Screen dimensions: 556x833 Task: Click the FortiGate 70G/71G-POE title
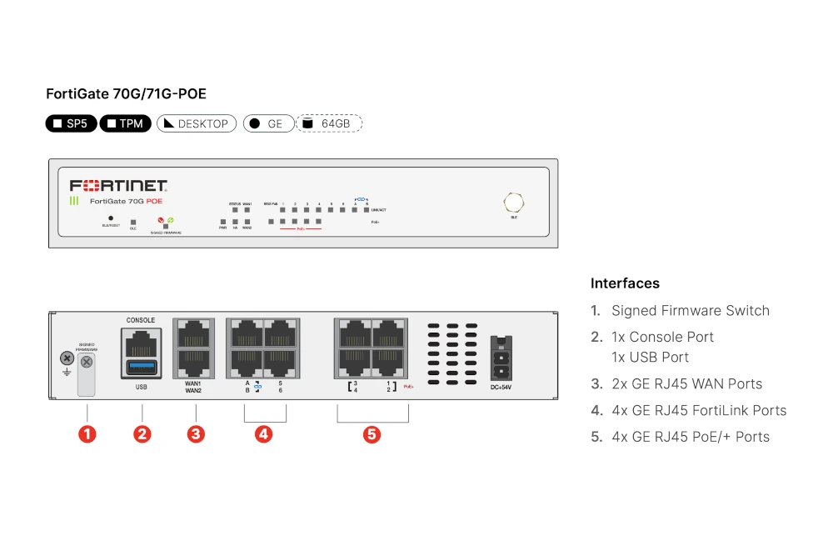126,94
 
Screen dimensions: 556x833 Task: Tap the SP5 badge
71,123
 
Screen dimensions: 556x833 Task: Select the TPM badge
125,123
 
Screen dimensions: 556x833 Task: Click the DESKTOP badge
197,123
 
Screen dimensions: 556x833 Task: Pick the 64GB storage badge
330,123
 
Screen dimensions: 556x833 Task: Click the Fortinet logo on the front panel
118,185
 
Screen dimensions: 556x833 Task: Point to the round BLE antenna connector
513,202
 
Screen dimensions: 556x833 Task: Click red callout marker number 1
87,433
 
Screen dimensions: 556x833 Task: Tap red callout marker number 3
196,433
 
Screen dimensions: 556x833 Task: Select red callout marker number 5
372,433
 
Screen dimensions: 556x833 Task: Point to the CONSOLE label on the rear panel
140,320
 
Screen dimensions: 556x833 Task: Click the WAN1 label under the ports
193,383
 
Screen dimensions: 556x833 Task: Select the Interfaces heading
625,283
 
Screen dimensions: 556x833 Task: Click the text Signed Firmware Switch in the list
690,311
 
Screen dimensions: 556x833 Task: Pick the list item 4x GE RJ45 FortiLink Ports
698,410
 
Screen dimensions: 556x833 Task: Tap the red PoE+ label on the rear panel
408,387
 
